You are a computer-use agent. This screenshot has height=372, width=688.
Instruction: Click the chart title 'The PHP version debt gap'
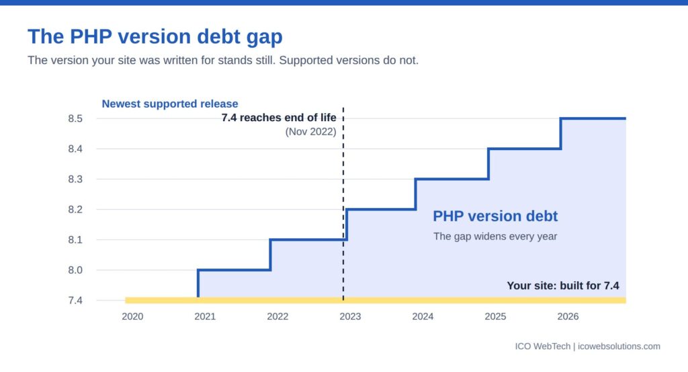click(x=155, y=37)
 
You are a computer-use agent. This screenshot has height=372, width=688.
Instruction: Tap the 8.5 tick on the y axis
click(x=75, y=118)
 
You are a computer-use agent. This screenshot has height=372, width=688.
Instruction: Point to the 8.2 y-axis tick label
click(x=75, y=209)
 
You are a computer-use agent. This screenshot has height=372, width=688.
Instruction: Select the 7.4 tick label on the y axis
click(x=75, y=301)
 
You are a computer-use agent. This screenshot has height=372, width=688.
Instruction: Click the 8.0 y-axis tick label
click(x=75, y=270)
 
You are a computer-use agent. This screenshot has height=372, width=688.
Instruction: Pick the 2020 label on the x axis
click(x=132, y=317)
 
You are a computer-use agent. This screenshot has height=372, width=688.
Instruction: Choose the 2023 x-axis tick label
click(x=350, y=317)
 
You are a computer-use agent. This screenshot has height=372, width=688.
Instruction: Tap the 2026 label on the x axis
click(x=568, y=317)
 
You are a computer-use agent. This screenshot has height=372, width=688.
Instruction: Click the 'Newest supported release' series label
click(x=170, y=104)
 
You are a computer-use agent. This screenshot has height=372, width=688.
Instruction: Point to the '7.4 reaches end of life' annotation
click(x=279, y=118)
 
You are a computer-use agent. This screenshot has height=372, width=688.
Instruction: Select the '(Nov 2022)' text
click(x=310, y=132)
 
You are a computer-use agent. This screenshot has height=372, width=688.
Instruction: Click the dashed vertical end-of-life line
click(x=343, y=204)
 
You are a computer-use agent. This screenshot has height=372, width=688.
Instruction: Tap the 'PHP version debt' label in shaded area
click(x=495, y=216)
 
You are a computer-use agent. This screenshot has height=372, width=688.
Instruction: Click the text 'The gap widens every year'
click(x=495, y=236)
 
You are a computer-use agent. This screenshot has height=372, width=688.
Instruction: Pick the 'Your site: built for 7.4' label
click(x=563, y=286)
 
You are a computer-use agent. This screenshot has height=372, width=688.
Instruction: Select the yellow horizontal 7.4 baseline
click(x=376, y=301)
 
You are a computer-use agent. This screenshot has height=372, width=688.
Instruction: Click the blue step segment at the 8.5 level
click(x=593, y=118)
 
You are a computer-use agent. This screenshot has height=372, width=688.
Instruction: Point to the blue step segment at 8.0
click(x=234, y=270)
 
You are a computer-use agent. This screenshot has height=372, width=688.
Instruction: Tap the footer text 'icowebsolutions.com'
click(x=619, y=346)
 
